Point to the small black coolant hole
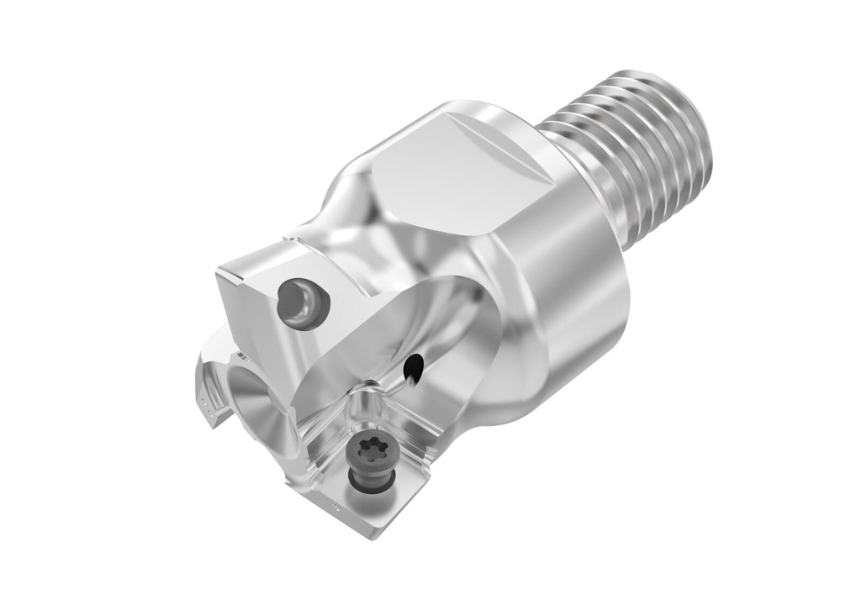[412, 366]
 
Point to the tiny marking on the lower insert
[335, 507]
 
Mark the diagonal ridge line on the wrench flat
[496, 143]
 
